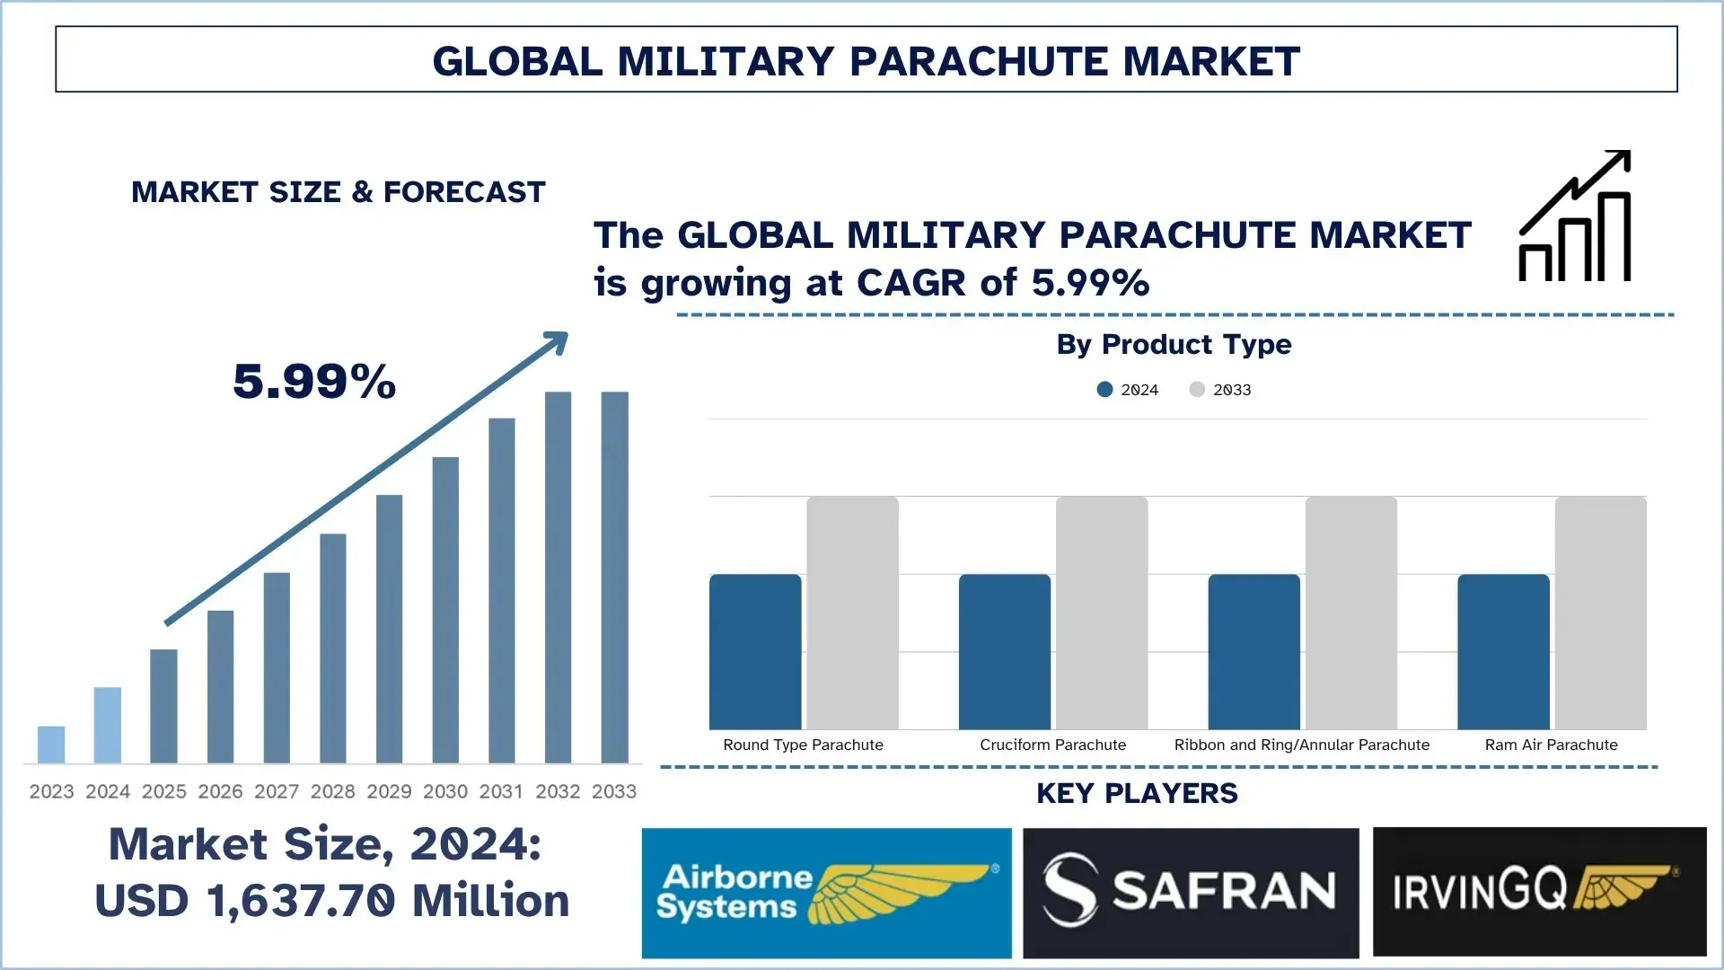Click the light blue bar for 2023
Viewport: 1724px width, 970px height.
click(51, 745)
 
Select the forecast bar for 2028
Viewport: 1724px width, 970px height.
click(333, 648)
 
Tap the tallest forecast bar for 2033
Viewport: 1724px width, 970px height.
click(615, 578)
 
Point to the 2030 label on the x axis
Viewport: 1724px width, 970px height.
click(445, 791)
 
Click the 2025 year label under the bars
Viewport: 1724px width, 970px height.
click(164, 791)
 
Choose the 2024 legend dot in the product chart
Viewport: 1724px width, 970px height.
click(1105, 390)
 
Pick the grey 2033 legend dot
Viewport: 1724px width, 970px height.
click(1197, 390)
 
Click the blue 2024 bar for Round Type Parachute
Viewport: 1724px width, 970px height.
click(755, 652)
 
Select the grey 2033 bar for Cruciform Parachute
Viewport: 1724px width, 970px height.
click(1102, 613)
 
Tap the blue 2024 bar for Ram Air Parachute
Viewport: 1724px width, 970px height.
click(1503, 652)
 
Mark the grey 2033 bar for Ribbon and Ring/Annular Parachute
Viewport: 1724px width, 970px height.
click(1351, 613)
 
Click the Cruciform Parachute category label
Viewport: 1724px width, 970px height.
click(1052, 745)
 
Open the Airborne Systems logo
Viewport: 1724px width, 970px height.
click(826, 893)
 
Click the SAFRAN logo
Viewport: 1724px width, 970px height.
click(1191, 893)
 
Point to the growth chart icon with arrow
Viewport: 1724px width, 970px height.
click(1575, 216)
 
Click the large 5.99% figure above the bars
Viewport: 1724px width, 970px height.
click(314, 382)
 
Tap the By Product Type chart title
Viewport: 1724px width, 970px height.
click(1174, 344)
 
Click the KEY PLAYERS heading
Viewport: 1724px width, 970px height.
click(1137, 793)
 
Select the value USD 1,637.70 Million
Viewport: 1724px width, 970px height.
click(332, 901)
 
